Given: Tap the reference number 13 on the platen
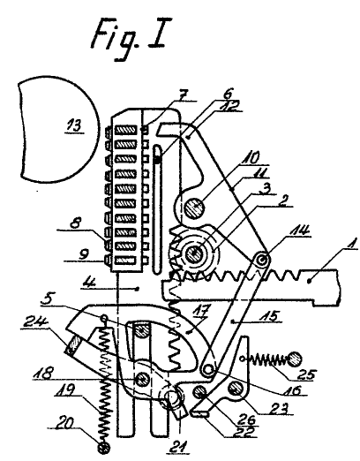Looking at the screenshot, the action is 74,125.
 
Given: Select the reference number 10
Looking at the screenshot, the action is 250,157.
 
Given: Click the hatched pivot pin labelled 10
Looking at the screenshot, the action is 194,208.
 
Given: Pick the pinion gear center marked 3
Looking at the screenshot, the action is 194,253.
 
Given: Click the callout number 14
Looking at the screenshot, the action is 300,230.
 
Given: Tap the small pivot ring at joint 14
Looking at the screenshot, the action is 262,260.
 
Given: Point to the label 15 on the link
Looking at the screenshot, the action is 271,316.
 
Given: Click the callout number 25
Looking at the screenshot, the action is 307,374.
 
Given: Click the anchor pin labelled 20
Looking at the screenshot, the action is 104,448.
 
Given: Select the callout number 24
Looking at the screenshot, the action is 34,322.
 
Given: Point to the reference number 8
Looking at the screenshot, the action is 76,223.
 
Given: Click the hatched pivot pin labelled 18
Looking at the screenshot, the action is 141,379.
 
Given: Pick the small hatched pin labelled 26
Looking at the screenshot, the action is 199,392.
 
